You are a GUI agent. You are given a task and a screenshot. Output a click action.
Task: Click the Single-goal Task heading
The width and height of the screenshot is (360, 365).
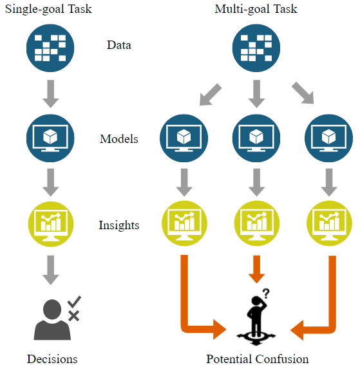point(48,9)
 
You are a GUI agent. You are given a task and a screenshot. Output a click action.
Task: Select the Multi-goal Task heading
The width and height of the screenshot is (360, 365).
point(256,9)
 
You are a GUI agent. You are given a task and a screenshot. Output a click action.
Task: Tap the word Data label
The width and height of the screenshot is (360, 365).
point(119,45)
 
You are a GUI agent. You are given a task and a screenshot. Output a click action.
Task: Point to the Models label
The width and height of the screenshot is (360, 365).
point(119,139)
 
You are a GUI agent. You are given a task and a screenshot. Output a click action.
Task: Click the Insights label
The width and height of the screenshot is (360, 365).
point(119,225)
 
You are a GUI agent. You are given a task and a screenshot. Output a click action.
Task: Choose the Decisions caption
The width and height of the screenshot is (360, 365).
point(52,359)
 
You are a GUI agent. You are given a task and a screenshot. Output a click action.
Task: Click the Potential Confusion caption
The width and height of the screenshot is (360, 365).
point(258,359)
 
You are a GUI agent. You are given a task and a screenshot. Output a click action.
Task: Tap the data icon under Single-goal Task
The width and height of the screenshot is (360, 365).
point(50,48)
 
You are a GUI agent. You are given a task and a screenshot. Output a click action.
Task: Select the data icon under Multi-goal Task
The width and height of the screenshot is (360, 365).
point(256,48)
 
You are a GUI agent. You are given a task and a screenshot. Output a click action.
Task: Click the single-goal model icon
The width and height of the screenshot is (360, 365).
point(50,138)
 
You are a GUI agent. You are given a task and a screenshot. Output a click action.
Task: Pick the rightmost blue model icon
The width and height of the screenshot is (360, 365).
point(329,138)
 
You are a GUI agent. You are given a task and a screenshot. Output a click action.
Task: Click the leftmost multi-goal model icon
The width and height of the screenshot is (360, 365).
point(184,138)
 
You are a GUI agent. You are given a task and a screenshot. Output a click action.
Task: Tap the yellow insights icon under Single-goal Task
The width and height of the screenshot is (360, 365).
point(51,224)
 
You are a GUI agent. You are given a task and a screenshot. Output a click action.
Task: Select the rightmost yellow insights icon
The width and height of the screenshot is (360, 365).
point(329,223)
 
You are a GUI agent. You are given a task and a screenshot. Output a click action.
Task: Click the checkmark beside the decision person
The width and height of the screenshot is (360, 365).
point(74,302)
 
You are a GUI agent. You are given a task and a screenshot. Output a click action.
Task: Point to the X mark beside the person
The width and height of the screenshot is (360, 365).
point(74,316)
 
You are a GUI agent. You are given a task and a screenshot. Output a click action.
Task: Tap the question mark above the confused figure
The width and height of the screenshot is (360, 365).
point(266,294)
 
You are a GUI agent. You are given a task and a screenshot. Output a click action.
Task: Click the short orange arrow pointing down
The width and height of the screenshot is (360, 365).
point(256,269)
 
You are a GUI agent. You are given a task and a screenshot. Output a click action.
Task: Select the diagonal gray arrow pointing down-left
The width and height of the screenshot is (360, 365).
point(211,95)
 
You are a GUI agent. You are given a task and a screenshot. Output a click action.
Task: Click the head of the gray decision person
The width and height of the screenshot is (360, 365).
point(52,310)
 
